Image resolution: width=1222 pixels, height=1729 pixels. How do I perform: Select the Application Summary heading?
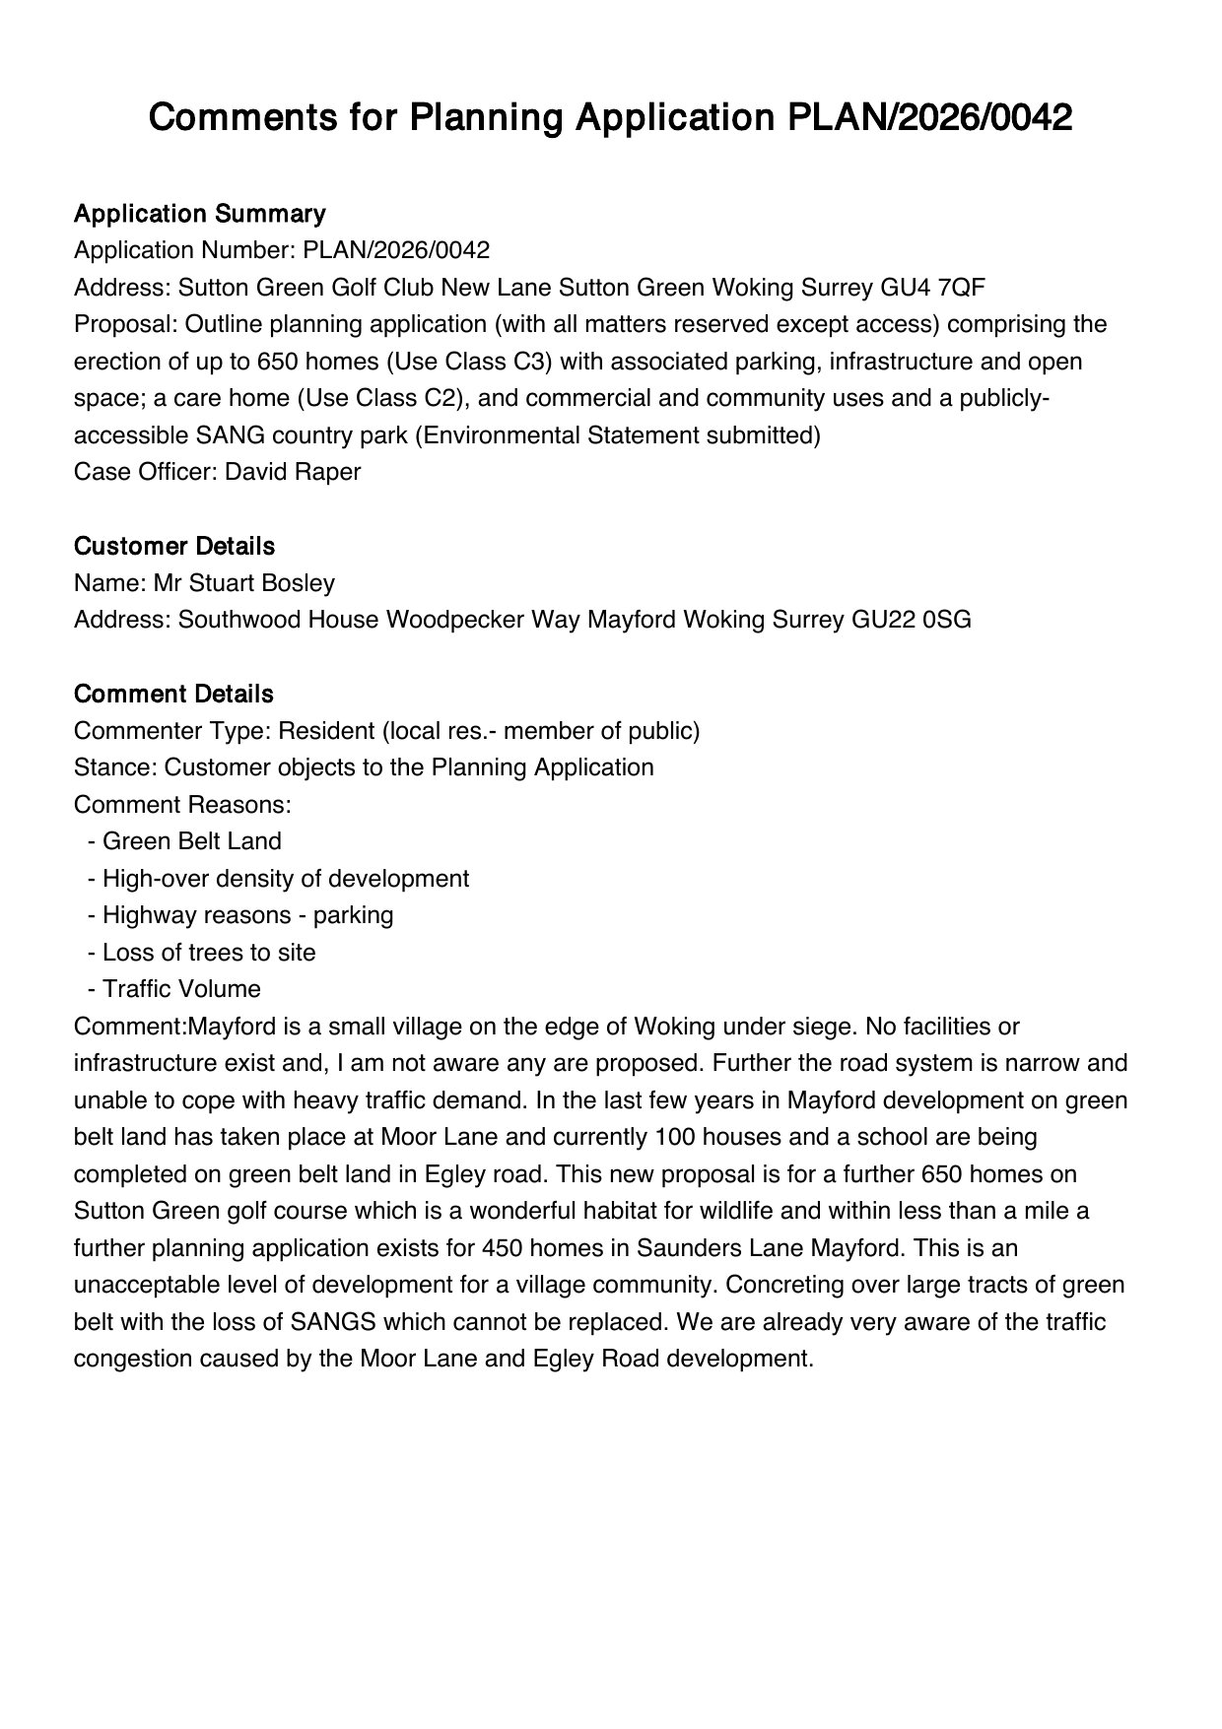199,214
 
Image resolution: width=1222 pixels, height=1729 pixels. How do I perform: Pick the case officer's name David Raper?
293,472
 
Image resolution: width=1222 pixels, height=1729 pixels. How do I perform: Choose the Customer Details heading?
173,546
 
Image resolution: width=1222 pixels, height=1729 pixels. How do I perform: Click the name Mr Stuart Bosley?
243,583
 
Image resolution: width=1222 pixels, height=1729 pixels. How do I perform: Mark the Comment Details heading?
172,694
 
